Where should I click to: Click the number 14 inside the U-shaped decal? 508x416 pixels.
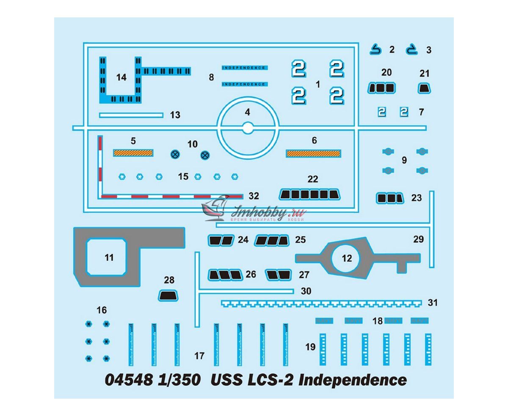(121, 78)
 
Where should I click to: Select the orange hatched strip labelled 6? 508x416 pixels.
(313, 153)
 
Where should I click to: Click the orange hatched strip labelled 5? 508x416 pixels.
(133, 153)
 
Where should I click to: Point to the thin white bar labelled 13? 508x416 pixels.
(131, 115)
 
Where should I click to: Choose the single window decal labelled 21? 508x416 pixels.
(424, 88)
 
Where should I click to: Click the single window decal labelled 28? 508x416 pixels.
(168, 296)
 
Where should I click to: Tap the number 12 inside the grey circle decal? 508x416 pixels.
(346, 258)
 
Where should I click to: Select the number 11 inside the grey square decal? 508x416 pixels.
(109, 258)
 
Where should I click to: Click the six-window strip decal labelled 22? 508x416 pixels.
(310, 194)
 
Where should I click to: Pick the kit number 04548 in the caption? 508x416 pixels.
(128, 380)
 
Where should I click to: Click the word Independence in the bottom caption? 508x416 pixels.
(352, 380)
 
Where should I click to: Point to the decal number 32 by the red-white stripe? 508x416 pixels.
(254, 196)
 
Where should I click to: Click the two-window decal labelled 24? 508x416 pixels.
(221, 240)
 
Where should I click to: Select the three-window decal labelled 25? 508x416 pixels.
(271, 241)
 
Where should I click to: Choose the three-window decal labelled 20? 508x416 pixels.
(381, 88)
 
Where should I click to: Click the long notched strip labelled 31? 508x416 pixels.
(322, 303)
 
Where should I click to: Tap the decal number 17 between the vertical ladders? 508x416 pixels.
(199, 356)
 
